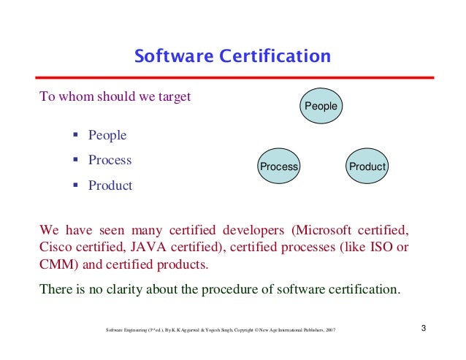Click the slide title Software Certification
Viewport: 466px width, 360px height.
233,56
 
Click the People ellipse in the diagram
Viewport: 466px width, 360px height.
321,107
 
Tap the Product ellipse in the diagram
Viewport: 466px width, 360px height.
367,166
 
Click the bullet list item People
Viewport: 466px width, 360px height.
107,135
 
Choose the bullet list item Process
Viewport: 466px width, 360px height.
110,160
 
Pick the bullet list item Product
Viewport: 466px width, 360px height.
110,185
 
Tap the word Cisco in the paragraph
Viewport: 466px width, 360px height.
56,246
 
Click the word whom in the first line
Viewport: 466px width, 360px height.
72,96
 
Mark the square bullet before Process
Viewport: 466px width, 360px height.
76,161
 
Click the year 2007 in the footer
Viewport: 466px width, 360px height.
331,330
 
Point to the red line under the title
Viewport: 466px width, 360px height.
233,77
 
